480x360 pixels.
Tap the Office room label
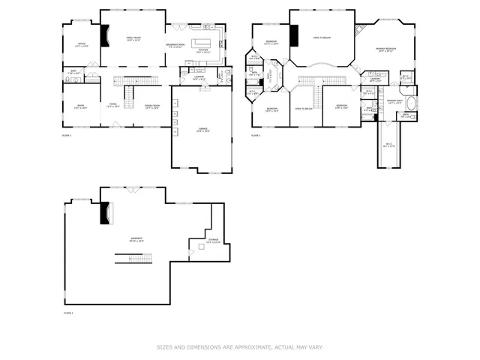click(x=82, y=45)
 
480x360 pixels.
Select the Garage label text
click(x=202, y=130)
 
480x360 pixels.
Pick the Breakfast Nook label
click(x=175, y=45)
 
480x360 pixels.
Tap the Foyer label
click(x=113, y=106)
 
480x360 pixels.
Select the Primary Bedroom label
click(x=386, y=49)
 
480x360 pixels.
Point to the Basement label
click(x=136, y=239)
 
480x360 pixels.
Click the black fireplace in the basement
click(x=105, y=213)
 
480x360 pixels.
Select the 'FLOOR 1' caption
click(x=68, y=312)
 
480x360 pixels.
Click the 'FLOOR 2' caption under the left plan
click(x=67, y=136)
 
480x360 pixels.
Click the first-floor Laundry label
click(x=199, y=77)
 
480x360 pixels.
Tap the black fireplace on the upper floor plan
click(x=295, y=35)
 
